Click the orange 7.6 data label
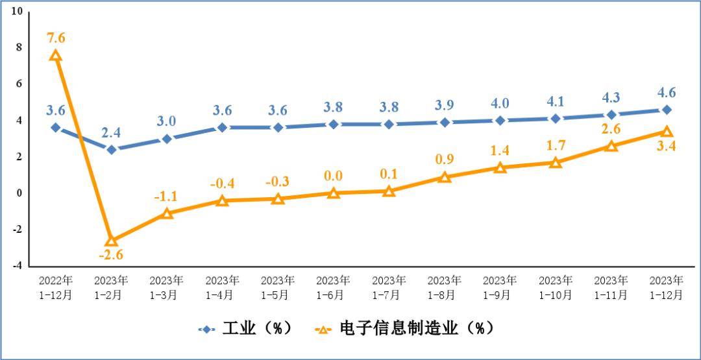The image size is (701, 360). (56, 38)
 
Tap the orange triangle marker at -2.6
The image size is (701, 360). (112, 241)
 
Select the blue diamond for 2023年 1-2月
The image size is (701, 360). (112, 149)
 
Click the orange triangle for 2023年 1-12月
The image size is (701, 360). (667, 132)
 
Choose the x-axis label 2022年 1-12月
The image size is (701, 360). (56, 287)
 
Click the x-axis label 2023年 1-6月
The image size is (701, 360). (333, 287)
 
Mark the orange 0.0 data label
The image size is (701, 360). (333, 176)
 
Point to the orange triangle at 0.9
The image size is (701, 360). (445, 177)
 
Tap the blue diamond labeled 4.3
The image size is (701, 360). (611, 115)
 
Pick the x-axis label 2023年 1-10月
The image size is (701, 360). (556, 287)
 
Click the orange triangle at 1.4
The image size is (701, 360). (500, 167)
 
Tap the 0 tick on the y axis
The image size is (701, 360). (19, 193)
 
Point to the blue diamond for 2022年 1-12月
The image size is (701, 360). (56, 127)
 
